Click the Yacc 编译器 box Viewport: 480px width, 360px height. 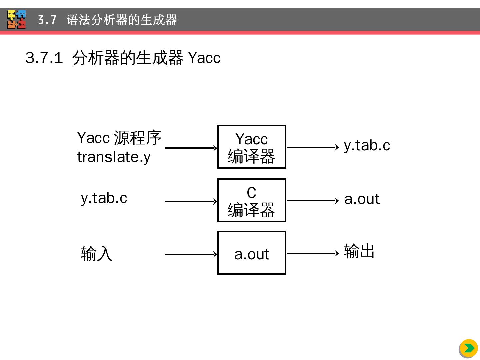pyautogui.click(x=252, y=147)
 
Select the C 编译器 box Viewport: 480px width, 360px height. pyautogui.click(x=252, y=200)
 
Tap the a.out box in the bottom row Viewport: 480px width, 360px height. pyautogui.click(x=252, y=253)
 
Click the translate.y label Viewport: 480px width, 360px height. pyautogui.click(x=114, y=157)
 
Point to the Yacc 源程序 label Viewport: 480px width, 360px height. pyautogui.click(x=119, y=138)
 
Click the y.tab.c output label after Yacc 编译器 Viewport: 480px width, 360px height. pyautogui.click(x=367, y=146)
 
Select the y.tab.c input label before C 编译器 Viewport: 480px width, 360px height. pyautogui.click(x=104, y=198)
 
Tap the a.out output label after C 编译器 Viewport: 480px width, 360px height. pyautogui.click(x=362, y=199)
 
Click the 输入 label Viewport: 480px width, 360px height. pyautogui.click(x=97, y=254)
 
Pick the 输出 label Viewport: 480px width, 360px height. pyautogui.click(x=359, y=251)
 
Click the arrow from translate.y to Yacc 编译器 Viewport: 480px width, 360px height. pyautogui.click(x=191, y=148)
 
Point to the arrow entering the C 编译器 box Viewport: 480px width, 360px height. pyautogui.click(x=191, y=201)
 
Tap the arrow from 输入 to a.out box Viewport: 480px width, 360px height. pyautogui.click(x=191, y=254)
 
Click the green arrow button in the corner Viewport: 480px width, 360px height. pyautogui.click(x=469, y=348)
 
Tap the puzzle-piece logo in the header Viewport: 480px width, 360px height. pyautogui.click(x=17, y=19)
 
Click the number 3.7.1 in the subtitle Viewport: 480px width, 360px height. pyautogui.click(x=44, y=58)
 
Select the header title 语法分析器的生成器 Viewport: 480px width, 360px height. pyautogui.click(x=122, y=20)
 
